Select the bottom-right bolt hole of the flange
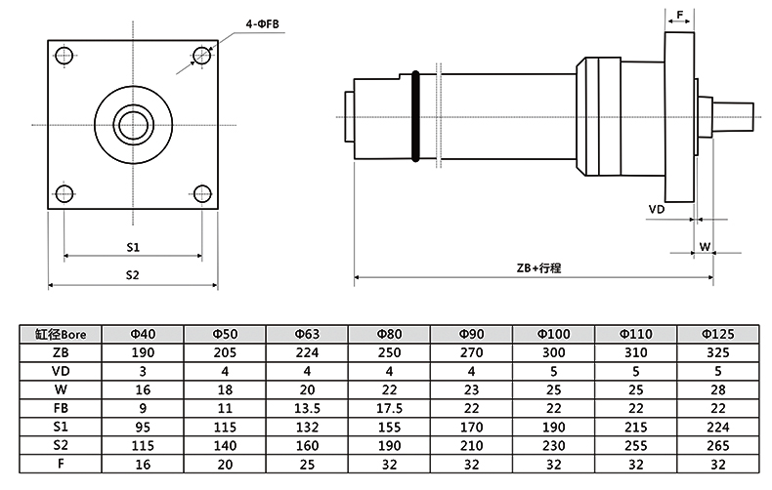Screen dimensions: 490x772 point(201,192)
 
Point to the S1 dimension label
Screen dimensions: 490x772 point(133,245)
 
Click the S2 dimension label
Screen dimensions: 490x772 point(133,275)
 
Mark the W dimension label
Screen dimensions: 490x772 point(704,247)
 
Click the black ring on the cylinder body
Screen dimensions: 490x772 point(416,115)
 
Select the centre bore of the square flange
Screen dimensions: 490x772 point(132,124)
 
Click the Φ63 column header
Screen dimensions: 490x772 point(307,334)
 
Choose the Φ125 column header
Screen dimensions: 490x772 point(717,334)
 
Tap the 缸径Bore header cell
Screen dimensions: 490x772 point(61,334)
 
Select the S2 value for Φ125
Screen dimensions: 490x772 point(717,445)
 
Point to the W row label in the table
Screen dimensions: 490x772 point(61,389)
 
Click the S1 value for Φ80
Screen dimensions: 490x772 point(389,427)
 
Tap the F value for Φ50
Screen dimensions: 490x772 point(225,464)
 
